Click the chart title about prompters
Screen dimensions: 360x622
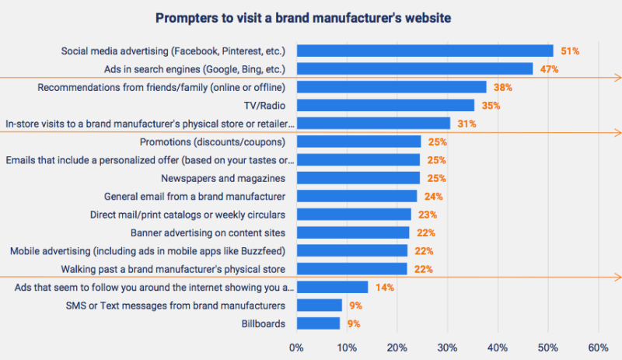[311, 17]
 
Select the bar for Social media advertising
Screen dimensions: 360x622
[425, 51]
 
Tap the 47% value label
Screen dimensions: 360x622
[549, 69]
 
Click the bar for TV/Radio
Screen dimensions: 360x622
[385, 105]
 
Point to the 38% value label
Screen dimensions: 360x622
[502, 87]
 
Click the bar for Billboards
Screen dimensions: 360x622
[318, 323]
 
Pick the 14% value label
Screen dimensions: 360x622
[385, 288]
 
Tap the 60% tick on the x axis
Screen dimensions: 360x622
[598, 347]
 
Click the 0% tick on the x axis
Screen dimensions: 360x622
[295, 347]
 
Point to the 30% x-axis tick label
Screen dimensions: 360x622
[447, 347]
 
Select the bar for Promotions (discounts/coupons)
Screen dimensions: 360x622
[358, 142]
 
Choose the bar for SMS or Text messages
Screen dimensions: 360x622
[319, 306]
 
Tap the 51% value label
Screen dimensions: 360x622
[570, 51]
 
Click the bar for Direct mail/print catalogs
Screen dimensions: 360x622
[354, 215]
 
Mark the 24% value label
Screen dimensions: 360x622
[434, 196]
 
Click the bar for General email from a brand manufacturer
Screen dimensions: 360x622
[356, 196]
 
